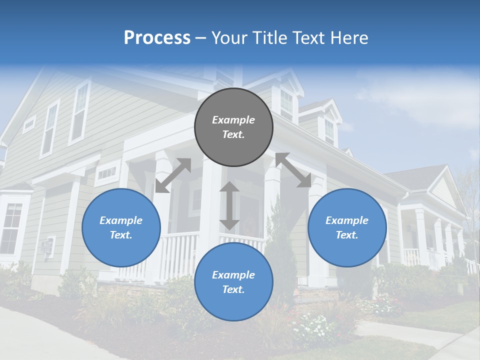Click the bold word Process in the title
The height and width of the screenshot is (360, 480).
[157, 37]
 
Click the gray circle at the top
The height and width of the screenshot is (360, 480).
[233, 127]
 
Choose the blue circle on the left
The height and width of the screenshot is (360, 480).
[121, 227]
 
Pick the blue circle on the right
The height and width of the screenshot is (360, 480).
[347, 227]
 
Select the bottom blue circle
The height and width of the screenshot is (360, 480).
[233, 282]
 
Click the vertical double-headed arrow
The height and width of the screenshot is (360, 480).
[229, 205]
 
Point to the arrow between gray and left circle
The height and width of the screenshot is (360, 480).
[173, 175]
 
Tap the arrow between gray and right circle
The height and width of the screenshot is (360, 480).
[293, 170]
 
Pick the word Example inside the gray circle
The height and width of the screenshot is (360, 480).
[233, 120]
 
